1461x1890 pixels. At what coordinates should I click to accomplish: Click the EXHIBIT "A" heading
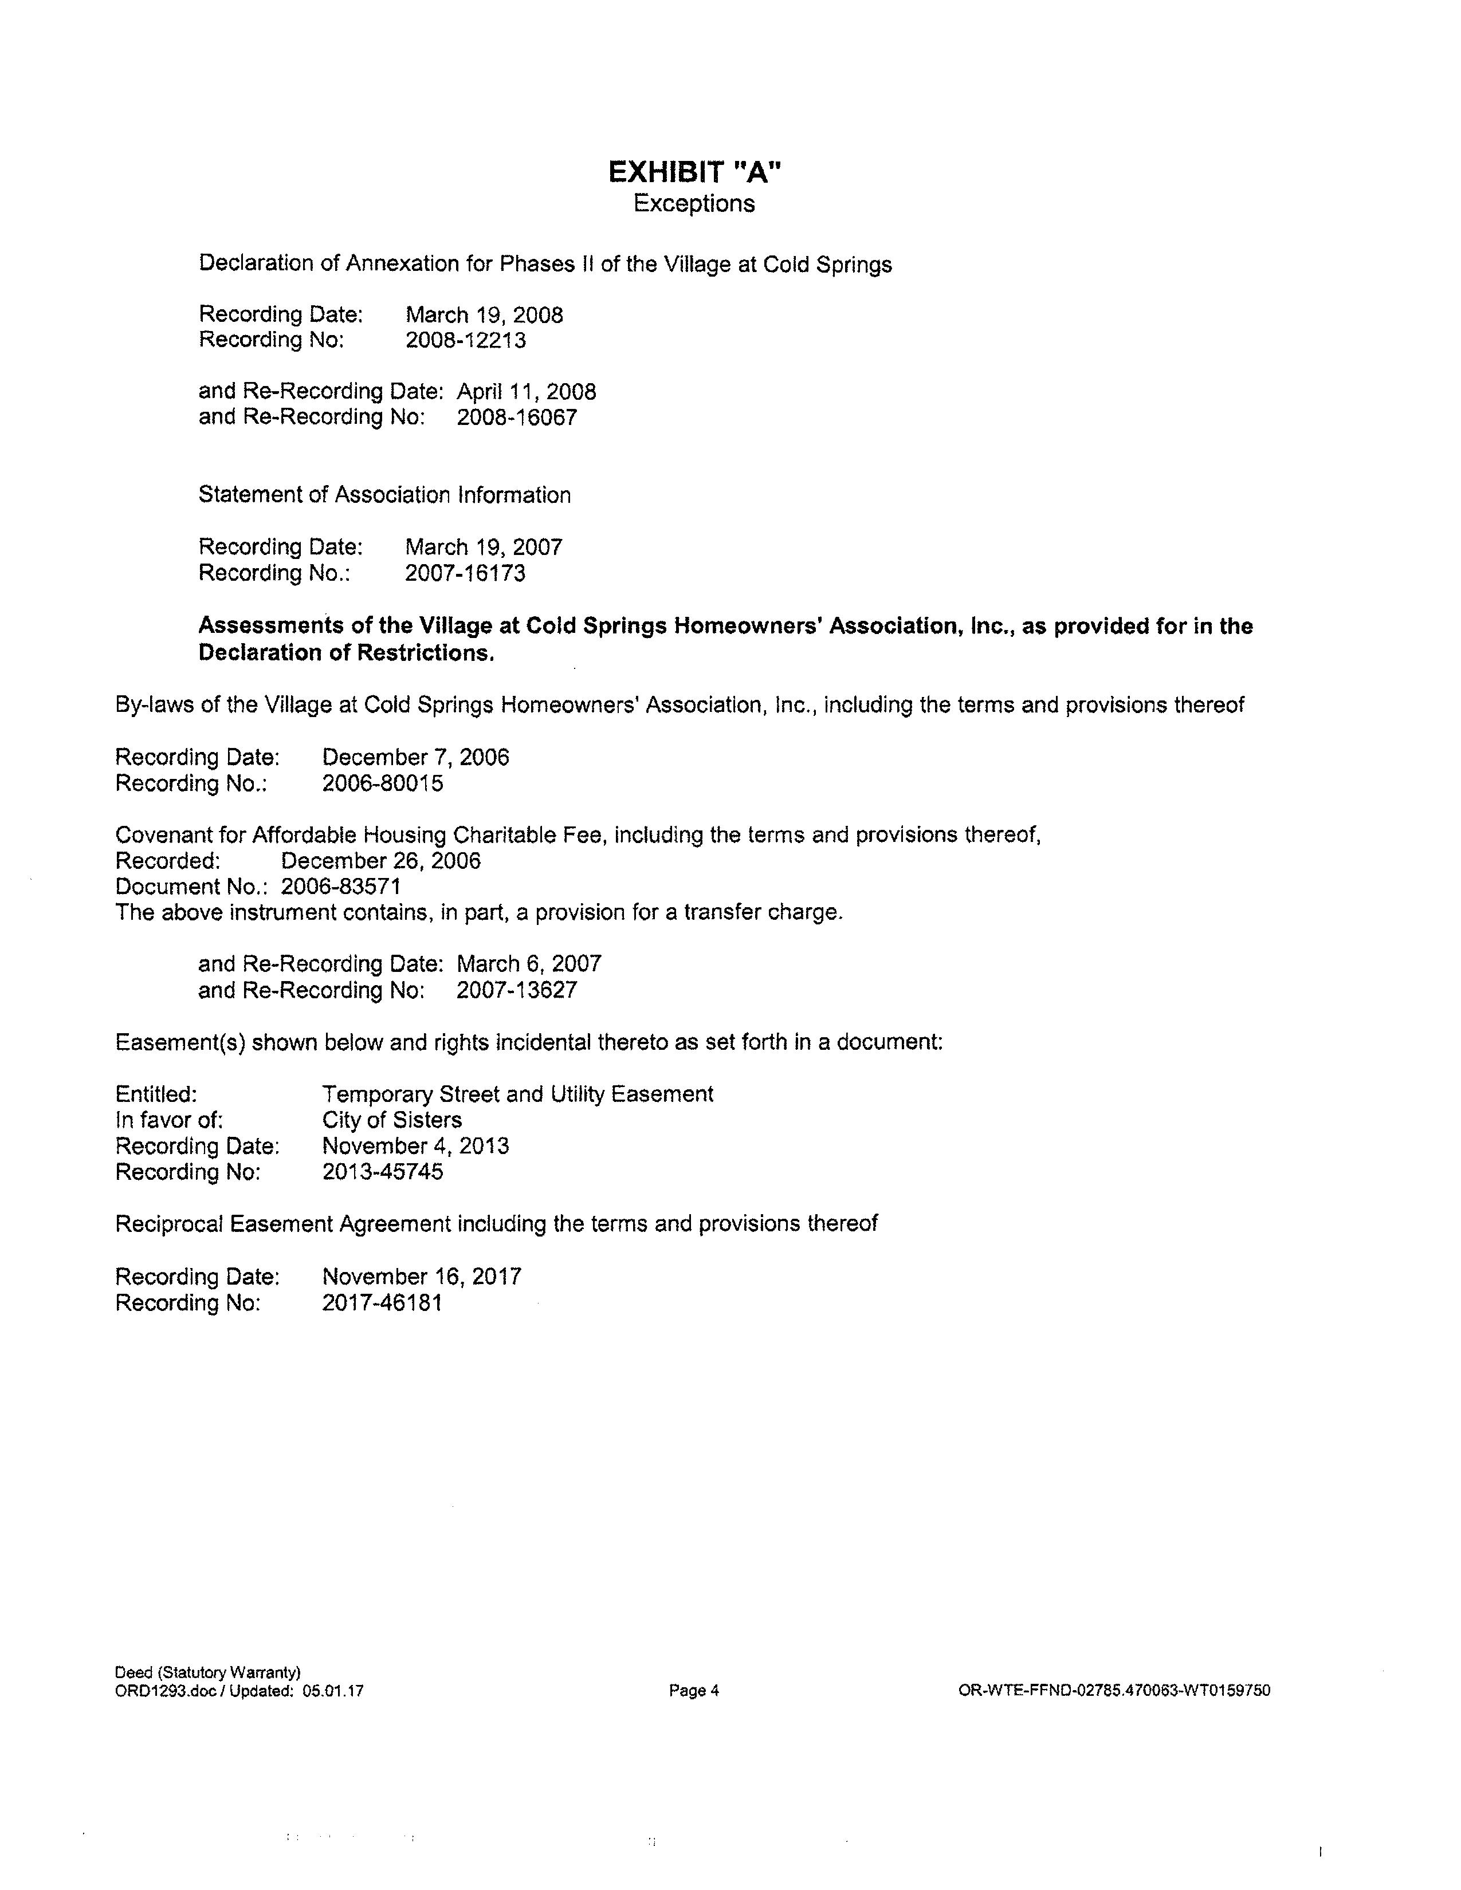(x=694, y=172)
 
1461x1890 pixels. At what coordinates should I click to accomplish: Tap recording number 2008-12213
(x=466, y=340)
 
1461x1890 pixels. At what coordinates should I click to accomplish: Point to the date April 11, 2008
(x=526, y=392)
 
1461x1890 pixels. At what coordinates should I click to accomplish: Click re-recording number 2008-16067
(x=517, y=417)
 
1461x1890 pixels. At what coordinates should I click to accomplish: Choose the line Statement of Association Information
(x=384, y=495)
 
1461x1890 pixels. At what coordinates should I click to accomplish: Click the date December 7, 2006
(x=415, y=757)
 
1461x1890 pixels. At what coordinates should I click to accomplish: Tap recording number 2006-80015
(x=383, y=783)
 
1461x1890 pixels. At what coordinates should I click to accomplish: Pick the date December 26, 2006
(x=381, y=861)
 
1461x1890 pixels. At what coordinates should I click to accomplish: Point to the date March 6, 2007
(x=529, y=964)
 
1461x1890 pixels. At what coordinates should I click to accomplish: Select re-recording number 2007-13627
(x=517, y=990)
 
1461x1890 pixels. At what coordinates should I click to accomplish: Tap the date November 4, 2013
(x=415, y=1146)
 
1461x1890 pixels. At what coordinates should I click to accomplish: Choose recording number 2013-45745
(x=383, y=1172)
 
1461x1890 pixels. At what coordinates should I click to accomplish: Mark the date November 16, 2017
(x=422, y=1277)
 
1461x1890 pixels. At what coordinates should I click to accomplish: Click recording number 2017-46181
(x=382, y=1302)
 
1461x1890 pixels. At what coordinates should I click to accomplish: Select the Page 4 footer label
(x=694, y=1690)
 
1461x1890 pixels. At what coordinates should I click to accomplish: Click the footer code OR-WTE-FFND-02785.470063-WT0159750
(x=1114, y=1690)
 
